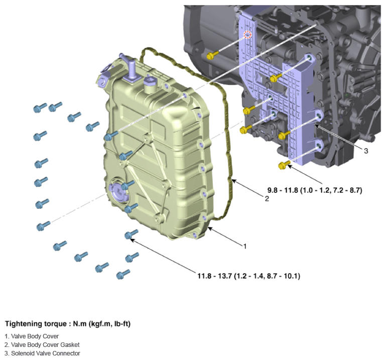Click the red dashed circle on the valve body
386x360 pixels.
coord(247,35)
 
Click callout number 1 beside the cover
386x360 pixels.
coord(244,246)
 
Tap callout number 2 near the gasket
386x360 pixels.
coord(267,198)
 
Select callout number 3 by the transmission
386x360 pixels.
coord(366,151)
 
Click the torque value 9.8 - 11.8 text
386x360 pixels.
coord(315,190)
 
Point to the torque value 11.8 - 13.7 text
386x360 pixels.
coord(248,276)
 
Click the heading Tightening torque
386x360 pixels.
coord(36,323)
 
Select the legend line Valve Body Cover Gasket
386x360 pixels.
coord(42,345)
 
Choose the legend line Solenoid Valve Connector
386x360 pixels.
coord(42,353)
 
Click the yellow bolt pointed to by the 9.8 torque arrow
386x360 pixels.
coord(285,165)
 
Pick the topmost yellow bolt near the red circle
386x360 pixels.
coord(212,55)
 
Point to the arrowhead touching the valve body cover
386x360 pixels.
coord(210,229)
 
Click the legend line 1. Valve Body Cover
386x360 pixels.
coord(32,336)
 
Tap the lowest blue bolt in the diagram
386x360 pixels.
coord(123,274)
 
